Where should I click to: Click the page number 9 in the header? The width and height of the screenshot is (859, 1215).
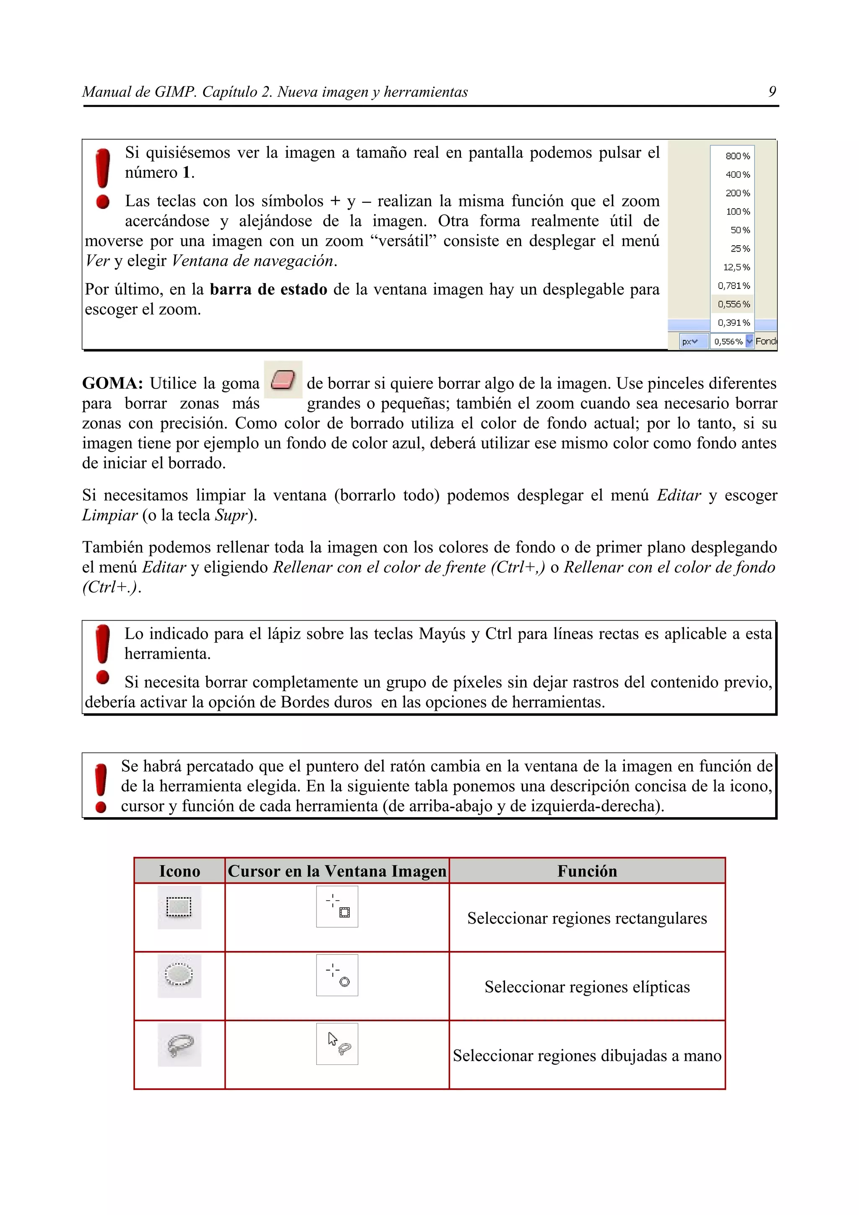pyautogui.click(x=772, y=92)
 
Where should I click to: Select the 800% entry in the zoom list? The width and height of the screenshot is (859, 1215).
pyautogui.click(x=737, y=156)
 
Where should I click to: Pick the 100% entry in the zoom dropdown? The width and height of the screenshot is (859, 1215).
pyautogui.click(x=737, y=212)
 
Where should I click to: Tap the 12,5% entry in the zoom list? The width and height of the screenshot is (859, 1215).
pyautogui.click(x=736, y=267)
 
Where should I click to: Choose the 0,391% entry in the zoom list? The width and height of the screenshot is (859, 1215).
pyautogui.click(x=734, y=323)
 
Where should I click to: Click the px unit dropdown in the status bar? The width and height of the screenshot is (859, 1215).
pyautogui.click(x=693, y=342)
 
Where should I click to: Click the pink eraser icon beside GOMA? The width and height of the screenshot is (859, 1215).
pyautogui.click(x=283, y=380)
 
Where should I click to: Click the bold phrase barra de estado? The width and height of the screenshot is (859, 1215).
pyautogui.click(x=268, y=289)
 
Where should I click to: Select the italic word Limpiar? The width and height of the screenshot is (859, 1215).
pyautogui.click(x=109, y=515)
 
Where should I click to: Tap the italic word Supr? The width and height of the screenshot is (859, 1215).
pyautogui.click(x=231, y=515)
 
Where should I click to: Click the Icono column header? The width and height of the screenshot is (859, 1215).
pyautogui.click(x=180, y=871)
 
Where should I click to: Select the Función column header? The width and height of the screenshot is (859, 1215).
pyautogui.click(x=586, y=871)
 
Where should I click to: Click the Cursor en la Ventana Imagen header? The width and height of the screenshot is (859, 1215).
pyautogui.click(x=337, y=871)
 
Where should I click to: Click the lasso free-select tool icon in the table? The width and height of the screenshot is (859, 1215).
pyautogui.click(x=179, y=1045)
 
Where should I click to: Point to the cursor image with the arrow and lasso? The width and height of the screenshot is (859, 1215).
pyautogui.click(x=337, y=1044)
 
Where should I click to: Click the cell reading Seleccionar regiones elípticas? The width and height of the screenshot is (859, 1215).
pyautogui.click(x=586, y=987)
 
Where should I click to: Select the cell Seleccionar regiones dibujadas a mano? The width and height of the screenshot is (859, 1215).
pyautogui.click(x=586, y=1056)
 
